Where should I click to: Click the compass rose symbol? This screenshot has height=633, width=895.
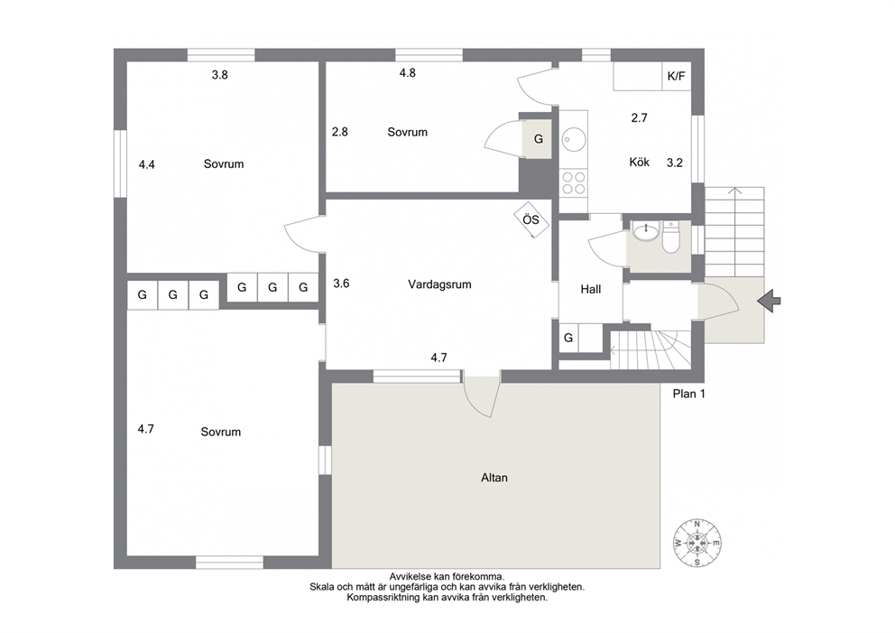pos(697,543)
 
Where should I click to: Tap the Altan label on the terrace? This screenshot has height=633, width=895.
pos(494,478)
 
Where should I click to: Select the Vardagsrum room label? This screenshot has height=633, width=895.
pos(439,284)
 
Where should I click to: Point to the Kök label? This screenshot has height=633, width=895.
pos(640,163)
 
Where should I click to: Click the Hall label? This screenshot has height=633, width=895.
pos(591,289)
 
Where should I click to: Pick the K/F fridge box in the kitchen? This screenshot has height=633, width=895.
pos(677,76)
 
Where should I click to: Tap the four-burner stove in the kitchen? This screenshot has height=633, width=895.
pos(573,182)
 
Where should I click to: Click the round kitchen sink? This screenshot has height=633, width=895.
pos(573,139)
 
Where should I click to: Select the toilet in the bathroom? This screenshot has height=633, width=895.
pos(670,238)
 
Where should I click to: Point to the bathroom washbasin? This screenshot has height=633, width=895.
pos(646,232)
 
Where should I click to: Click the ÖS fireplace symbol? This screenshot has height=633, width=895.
pos(531,219)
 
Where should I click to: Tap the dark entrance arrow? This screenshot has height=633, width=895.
pos(769,301)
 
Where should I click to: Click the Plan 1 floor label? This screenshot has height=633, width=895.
pos(689,394)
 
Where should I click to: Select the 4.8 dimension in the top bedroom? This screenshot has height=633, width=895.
pos(408,72)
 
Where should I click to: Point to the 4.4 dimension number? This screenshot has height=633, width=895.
pos(147,164)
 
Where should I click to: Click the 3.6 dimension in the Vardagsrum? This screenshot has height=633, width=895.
pos(341,283)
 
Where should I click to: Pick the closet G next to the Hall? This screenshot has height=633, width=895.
pos(567,338)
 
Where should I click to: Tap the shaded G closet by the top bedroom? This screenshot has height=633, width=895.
pos(539,139)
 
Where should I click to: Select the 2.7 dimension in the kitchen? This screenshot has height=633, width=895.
pos(640,117)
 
